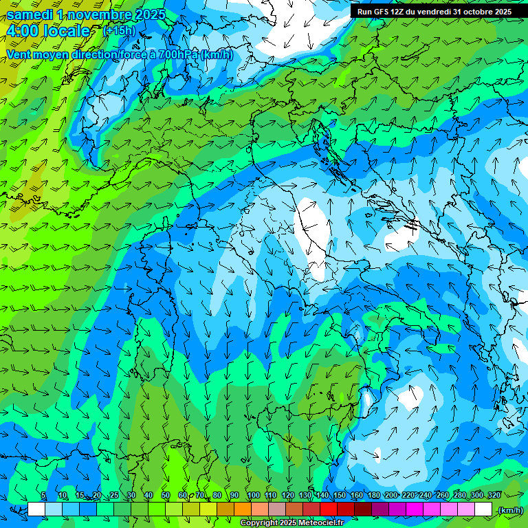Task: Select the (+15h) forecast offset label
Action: pos(119,31)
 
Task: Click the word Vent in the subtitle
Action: pos(20,54)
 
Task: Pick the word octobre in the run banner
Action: pos(474,12)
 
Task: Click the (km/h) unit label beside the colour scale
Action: pos(509,510)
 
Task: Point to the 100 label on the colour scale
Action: pos(254,495)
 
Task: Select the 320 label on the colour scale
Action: pos(494,495)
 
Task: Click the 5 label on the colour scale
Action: pos(43,495)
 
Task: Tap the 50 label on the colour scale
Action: pos(166,495)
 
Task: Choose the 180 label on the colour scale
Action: pos(373,495)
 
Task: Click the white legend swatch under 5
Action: pos(36,509)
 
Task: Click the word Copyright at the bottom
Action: pos(260,523)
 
